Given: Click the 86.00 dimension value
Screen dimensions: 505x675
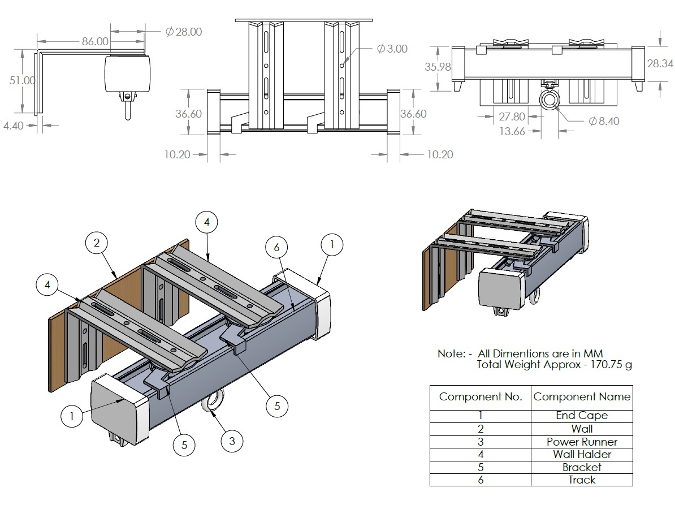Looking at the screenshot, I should tap(95, 41).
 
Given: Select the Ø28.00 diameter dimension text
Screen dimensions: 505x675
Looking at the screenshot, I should tap(184, 32).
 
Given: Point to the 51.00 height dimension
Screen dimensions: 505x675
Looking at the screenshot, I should tap(22, 80).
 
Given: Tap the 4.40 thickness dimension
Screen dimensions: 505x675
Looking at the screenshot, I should tap(13, 126).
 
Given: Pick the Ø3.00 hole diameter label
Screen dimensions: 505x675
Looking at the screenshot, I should tap(392, 49).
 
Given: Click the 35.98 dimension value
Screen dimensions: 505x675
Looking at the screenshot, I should tap(438, 67).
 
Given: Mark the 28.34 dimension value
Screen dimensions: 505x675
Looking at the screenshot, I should tap(660, 63).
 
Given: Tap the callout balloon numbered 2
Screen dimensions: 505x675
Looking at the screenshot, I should tap(97, 243).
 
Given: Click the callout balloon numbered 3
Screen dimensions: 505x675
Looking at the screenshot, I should tap(231, 441).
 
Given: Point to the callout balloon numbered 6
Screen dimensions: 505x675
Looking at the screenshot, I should tap(276, 247).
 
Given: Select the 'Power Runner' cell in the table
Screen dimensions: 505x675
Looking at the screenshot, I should tap(582, 442).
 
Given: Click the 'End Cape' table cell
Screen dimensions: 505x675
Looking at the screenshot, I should tap(582, 416).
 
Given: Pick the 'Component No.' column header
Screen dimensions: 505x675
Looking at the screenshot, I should tap(481, 397).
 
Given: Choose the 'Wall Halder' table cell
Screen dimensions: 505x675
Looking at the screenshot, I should tap(582, 454).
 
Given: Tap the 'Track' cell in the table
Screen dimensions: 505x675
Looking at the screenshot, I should tap(582, 480).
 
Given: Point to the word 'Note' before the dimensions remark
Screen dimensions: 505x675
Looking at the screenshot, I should tap(450, 353).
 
